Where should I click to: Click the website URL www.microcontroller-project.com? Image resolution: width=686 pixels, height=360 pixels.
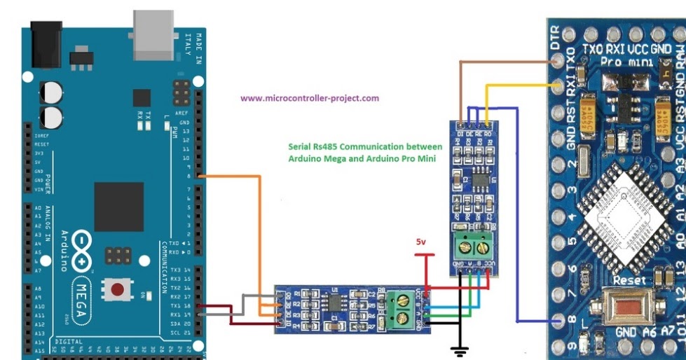pyautogui.click(x=309, y=98)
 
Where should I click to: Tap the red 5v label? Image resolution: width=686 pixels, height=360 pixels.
pyautogui.click(x=420, y=242)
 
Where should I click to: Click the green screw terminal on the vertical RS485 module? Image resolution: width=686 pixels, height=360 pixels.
pyautogui.click(x=472, y=245)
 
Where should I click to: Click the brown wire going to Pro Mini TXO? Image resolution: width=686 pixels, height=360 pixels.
pyautogui.click(x=505, y=62)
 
